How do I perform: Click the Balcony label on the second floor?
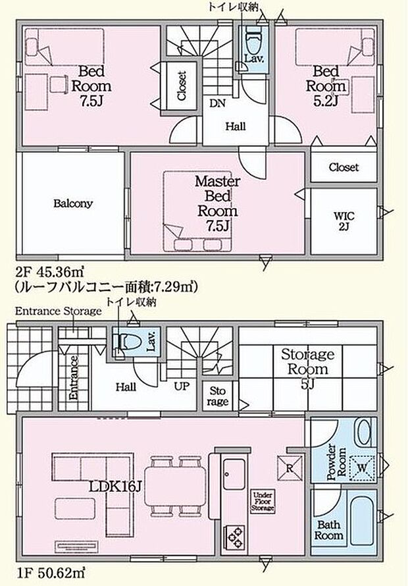(72, 203)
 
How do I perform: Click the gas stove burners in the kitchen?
(236, 535)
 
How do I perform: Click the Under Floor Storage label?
(263, 501)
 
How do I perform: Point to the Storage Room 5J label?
(307, 367)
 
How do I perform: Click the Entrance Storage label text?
(58, 311)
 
